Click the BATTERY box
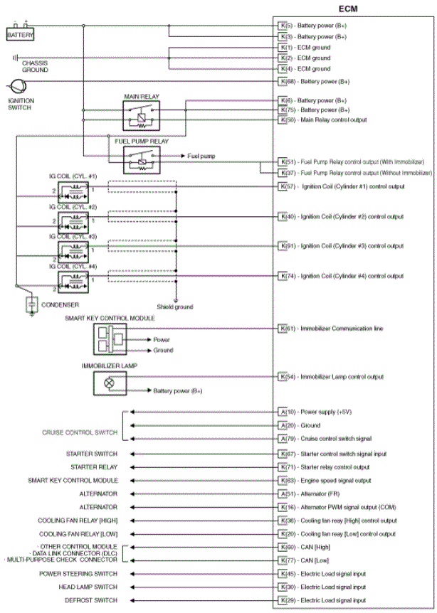coord(20,34)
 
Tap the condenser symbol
coord(31,304)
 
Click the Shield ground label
coord(175,307)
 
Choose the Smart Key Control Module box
coord(110,338)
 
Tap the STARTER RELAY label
coord(94,467)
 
